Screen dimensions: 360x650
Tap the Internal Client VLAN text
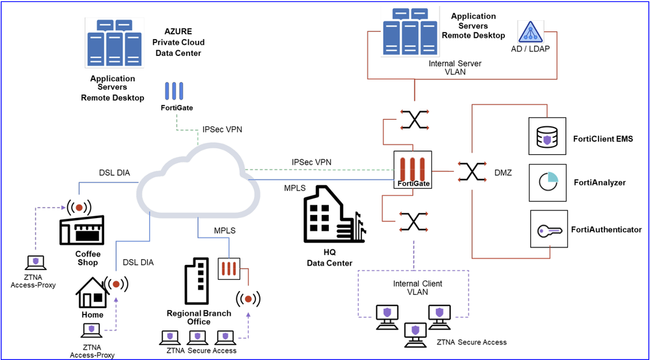tap(417, 288)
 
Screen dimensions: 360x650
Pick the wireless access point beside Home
tap(118, 284)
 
